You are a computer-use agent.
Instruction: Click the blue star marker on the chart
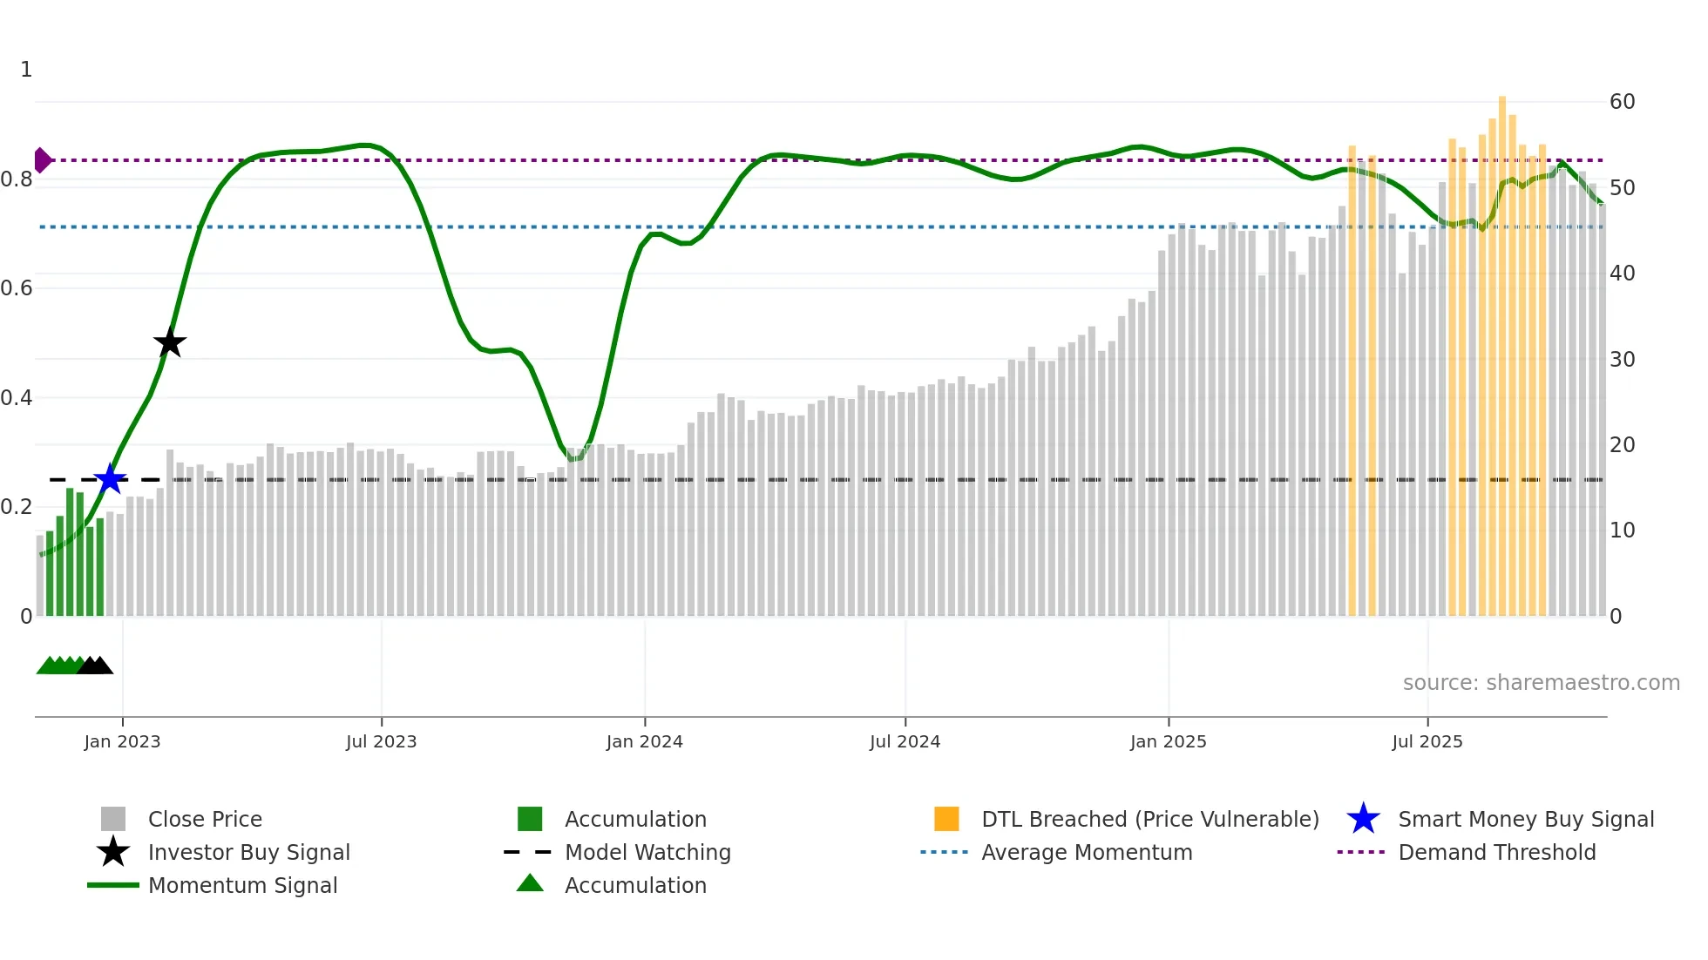[110, 479]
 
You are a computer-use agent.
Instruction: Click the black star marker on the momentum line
[170, 342]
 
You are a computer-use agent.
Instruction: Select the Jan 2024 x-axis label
[644, 741]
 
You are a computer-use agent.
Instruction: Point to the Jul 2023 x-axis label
[381, 741]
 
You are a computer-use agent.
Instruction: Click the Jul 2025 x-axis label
[1427, 741]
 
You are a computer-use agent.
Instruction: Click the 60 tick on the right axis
[1622, 102]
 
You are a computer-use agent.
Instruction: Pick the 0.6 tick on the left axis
[17, 288]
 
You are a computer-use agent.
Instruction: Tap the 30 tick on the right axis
[1622, 359]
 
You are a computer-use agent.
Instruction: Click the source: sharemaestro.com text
[1541, 683]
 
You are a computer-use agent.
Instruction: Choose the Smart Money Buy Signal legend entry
[1525, 819]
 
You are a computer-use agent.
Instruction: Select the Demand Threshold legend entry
[1496, 852]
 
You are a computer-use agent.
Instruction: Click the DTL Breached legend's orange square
[946, 819]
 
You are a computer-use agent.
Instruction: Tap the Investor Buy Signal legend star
[113, 852]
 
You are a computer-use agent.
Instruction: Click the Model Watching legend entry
[647, 852]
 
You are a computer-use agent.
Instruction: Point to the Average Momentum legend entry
[1086, 852]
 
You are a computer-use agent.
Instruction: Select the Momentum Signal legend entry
[241, 885]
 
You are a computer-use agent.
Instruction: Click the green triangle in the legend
[530, 884]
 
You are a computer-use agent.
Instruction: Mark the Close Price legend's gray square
[113, 819]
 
